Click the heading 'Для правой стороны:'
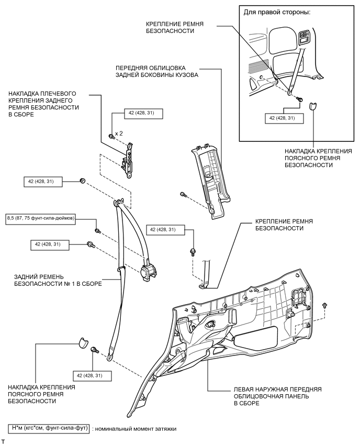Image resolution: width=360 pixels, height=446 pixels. click(x=276, y=12)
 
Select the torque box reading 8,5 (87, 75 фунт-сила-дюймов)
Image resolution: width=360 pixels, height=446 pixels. click(x=40, y=217)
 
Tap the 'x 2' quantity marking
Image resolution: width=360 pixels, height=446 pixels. click(x=119, y=133)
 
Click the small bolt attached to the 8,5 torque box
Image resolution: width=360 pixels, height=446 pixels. click(x=97, y=230)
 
